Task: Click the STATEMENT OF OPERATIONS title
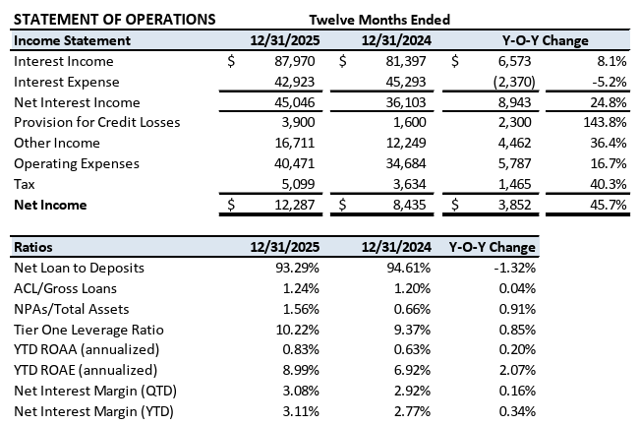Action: (114, 19)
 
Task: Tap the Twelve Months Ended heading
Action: (379, 20)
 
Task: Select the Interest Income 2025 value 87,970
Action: (295, 61)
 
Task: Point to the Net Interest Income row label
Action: (77, 102)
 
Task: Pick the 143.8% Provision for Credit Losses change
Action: (605, 122)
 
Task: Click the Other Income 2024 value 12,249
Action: (406, 143)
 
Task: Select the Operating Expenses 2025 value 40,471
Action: (294, 163)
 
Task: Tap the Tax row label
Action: (25, 184)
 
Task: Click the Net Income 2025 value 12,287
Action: (295, 205)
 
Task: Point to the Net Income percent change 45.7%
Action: (608, 205)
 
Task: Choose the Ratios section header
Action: (33, 247)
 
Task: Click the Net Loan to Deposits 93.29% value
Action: (297, 268)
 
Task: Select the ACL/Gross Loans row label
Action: (65, 288)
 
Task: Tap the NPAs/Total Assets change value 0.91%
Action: (517, 309)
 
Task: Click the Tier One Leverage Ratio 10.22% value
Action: (298, 330)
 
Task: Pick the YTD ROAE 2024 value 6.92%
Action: (412, 370)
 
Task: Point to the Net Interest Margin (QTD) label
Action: (95, 391)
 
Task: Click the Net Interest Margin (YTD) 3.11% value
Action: (301, 411)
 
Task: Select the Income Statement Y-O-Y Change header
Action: (546, 40)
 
